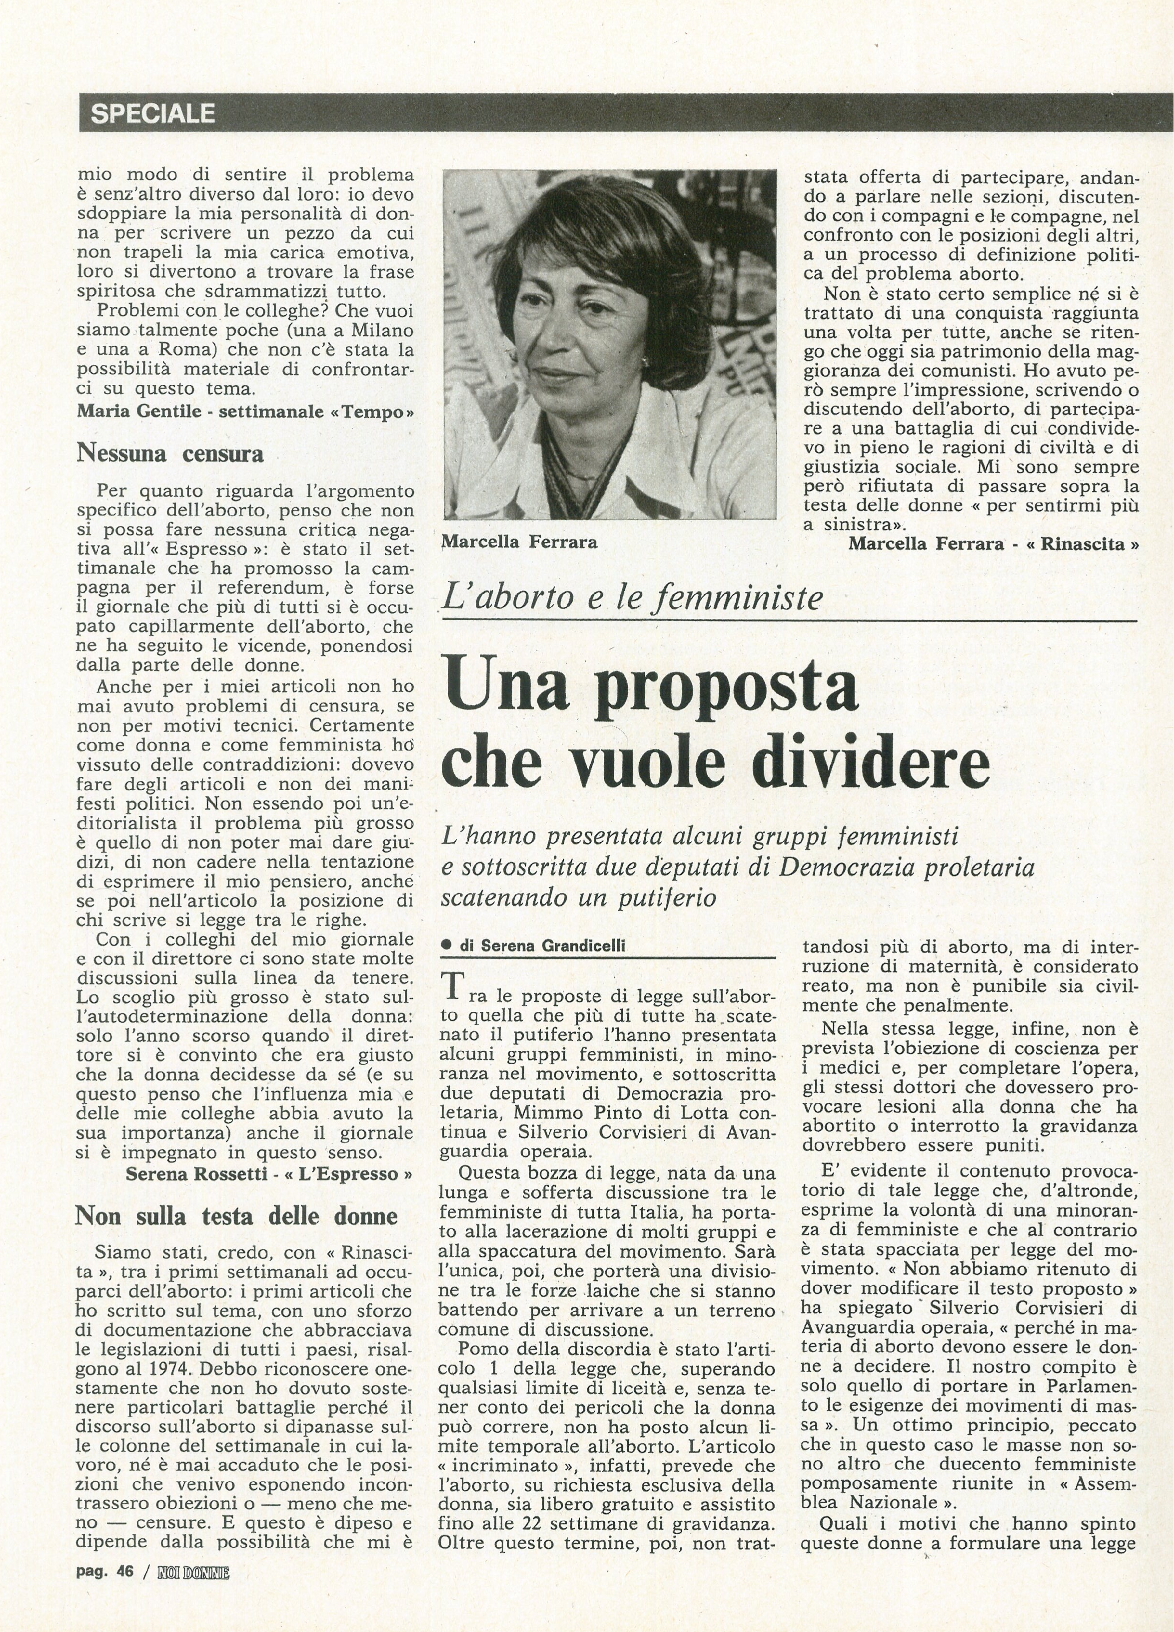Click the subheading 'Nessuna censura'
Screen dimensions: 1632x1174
coord(170,453)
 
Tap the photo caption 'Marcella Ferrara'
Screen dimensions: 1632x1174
coord(519,542)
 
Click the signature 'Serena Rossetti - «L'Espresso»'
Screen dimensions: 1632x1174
coord(269,1173)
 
